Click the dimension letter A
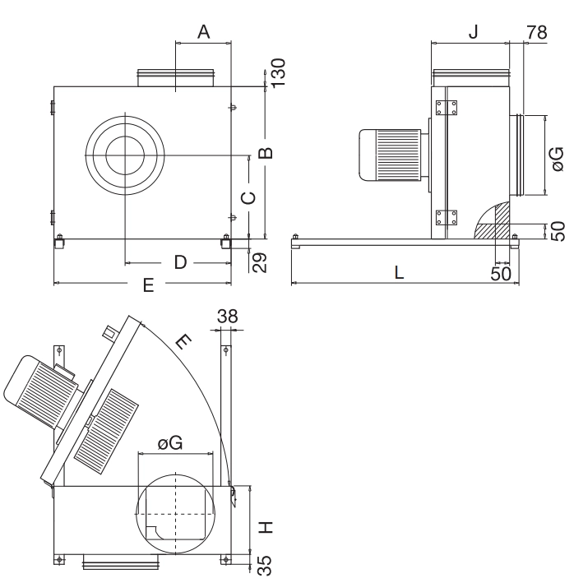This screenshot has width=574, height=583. (203, 32)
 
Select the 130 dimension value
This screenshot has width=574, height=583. (279, 73)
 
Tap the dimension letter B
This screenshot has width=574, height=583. (266, 153)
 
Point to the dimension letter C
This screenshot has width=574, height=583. (248, 198)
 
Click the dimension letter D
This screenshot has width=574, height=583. (180, 262)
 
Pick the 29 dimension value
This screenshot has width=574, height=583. (260, 262)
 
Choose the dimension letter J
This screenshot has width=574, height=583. (473, 31)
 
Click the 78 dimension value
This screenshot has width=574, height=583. (537, 32)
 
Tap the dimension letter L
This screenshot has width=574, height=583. (399, 272)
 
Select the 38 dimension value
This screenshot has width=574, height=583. (228, 317)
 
